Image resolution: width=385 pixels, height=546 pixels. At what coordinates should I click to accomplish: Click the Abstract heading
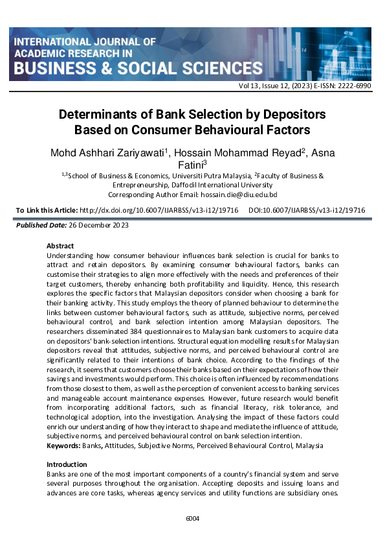(x=60, y=246)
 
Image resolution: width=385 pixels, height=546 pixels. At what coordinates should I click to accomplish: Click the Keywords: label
(x=63, y=445)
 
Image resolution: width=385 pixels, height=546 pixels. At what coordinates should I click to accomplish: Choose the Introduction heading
(x=67, y=464)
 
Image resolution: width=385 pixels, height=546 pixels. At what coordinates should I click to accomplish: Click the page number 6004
(x=193, y=518)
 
